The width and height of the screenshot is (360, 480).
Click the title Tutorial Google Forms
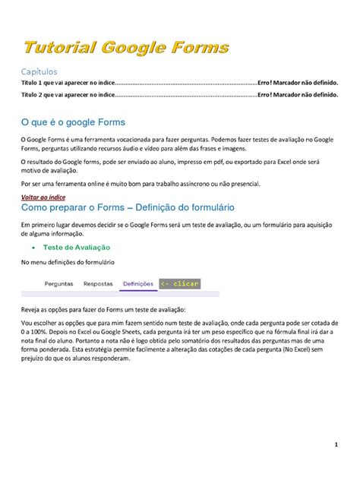coord(125,48)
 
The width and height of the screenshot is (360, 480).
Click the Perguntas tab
coord(59,284)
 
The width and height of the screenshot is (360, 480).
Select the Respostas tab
coord(98,284)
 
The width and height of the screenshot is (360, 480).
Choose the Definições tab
coord(138,284)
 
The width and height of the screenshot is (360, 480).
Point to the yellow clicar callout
coord(180,284)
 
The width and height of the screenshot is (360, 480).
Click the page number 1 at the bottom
coord(336,444)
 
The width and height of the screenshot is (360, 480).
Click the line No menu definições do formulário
coord(68,261)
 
